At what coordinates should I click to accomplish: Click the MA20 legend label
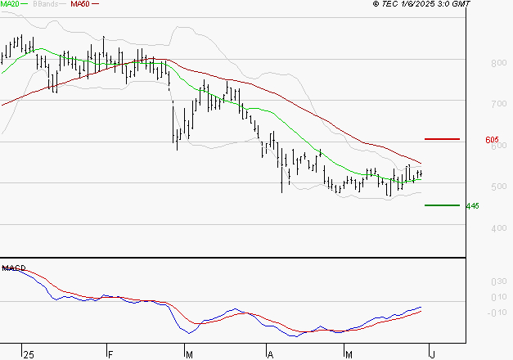11,4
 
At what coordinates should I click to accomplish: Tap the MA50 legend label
81,4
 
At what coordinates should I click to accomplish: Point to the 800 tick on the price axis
475,63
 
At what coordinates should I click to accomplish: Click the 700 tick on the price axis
475,105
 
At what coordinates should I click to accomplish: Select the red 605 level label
493,141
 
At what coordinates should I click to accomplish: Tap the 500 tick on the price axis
475,187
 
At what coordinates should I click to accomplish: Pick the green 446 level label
471,206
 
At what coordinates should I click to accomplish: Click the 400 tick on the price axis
475,228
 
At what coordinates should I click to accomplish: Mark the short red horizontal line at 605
443,140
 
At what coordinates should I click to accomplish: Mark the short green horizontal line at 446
441,205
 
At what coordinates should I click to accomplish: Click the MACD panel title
12,268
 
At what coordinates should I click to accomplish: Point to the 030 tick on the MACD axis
475,281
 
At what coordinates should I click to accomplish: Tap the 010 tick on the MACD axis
475,297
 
